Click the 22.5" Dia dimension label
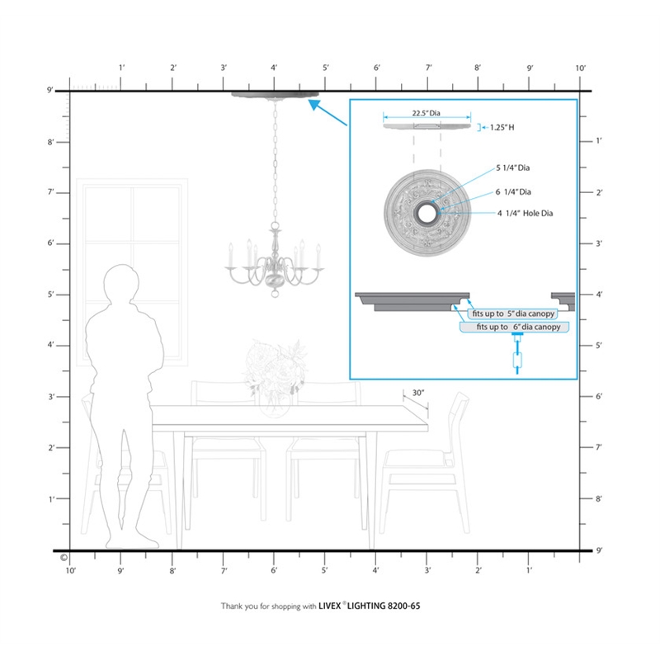point(426,113)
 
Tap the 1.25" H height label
point(502,127)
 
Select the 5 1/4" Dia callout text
point(512,167)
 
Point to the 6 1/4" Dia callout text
point(513,192)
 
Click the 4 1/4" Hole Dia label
point(525,214)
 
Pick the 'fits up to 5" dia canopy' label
point(513,313)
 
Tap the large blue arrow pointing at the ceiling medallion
point(328,112)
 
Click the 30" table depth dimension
point(418,393)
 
